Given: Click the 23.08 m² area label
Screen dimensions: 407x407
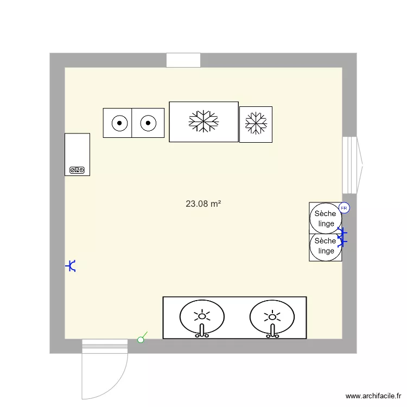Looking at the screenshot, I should [203, 205].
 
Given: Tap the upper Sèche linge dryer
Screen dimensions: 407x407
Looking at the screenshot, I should [326, 219].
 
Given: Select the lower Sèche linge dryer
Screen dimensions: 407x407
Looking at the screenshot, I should [326, 246].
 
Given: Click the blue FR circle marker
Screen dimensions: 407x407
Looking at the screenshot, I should [344, 208].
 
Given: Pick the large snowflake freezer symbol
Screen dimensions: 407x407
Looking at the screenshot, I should [203, 122].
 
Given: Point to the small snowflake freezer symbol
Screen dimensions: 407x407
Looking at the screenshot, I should [256, 124].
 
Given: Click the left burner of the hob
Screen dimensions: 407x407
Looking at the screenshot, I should [118, 123].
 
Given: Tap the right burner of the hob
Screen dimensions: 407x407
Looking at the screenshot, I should [148, 123].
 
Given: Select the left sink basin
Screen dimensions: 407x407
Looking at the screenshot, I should [202, 317].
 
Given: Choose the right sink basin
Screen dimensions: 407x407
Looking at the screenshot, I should [272, 317].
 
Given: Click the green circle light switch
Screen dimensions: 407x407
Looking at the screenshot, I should [141, 340].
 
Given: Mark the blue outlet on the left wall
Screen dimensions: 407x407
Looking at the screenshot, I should [71, 266].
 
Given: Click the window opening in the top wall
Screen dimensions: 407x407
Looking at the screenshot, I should [183, 60].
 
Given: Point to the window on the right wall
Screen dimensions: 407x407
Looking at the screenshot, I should [350, 165].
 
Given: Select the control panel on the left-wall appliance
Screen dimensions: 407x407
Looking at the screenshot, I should [77, 170].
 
